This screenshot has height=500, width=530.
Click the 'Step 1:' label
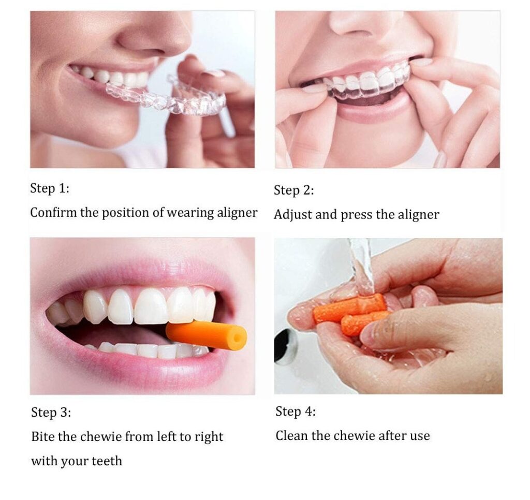[x=50, y=188]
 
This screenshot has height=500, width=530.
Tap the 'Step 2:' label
[x=294, y=190]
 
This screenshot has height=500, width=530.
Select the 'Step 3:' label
[x=51, y=413]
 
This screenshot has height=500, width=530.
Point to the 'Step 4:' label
[x=296, y=411]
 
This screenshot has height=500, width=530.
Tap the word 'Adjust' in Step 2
[x=293, y=215]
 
